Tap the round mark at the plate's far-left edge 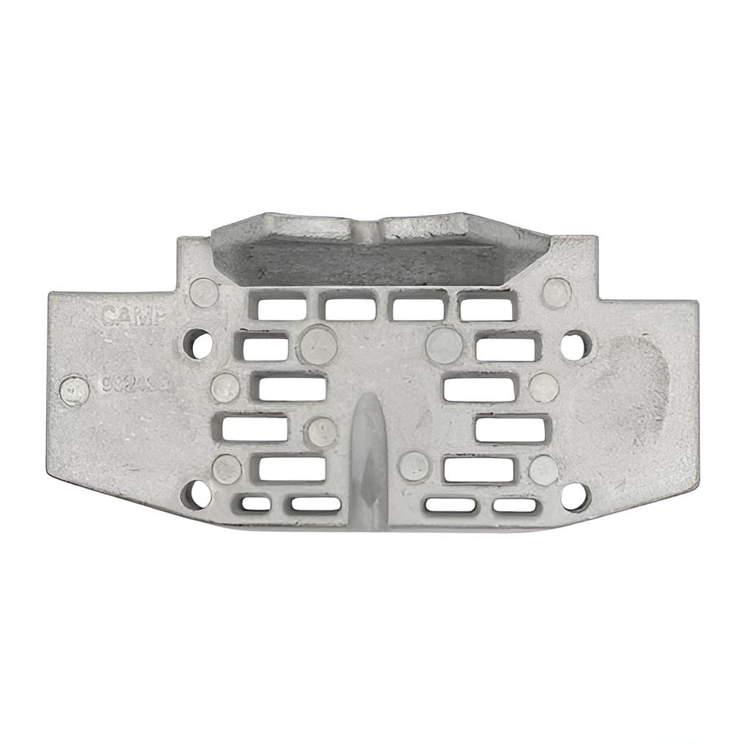point(74,391)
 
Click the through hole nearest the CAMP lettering point(197,343)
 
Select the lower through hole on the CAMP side point(196,495)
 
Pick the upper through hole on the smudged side point(575,344)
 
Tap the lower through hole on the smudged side point(575,497)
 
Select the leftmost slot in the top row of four point(282,308)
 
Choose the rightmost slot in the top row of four point(487,306)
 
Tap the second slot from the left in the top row point(350,308)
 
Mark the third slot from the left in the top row point(418,308)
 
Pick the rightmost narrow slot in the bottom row point(514,505)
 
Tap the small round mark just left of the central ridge point(321,432)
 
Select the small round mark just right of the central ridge point(415,466)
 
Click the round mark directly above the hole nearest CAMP point(204,293)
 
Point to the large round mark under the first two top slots point(319,344)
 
